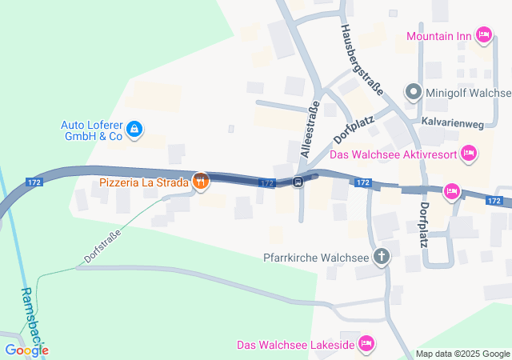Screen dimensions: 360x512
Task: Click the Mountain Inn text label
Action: point(439,35)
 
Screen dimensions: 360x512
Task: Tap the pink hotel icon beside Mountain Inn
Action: point(483,34)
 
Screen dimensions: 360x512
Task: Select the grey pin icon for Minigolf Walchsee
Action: point(413,92)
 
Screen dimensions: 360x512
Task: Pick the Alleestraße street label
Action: point(310,129)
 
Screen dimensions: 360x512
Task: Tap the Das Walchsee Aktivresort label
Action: point(394,154)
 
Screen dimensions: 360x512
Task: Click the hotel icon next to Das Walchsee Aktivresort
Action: point(469,152)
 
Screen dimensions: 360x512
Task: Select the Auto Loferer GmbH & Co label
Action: point(92,130)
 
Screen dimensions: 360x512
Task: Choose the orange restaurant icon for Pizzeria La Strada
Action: point(200,182)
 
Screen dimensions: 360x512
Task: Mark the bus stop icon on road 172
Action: point(298,182)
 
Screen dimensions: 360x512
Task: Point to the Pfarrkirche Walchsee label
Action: point(316,258)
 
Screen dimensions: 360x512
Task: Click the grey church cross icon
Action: point(382,257)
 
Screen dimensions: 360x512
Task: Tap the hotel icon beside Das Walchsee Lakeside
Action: point(366,344)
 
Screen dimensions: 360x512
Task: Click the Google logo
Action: point(26,350)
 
